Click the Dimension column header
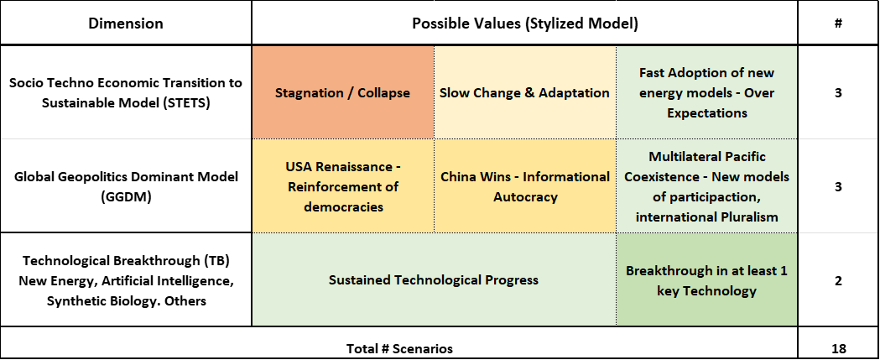click(x=126, y=23)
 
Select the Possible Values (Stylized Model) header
click(x=525, y=23)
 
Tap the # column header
click(x=838, y=23)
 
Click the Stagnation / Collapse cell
click(x=342, y=92)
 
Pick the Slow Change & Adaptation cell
click(x=525, y=92)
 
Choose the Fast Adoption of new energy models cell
click(x=706, y=92)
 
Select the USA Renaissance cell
click(x=342, y=186)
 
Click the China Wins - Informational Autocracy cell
click(x=525, y=186)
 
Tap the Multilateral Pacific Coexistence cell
click(x=706, y=186)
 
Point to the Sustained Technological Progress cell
click(x=434, y=279)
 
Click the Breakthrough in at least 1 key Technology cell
click(x=706, y=279)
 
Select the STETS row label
click(x=126, y=92)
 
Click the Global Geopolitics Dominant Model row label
click(x=126, y=186)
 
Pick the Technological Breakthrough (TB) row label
click(x=126, y=279)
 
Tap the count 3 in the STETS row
click(x=838, y=92)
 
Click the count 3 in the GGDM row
click(x=838, y=186)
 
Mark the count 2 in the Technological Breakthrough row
click(x=838, y=280)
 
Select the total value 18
click(x=838, y=348)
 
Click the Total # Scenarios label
click(x=399, y=348)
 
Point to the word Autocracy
click(x=525, y=197)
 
